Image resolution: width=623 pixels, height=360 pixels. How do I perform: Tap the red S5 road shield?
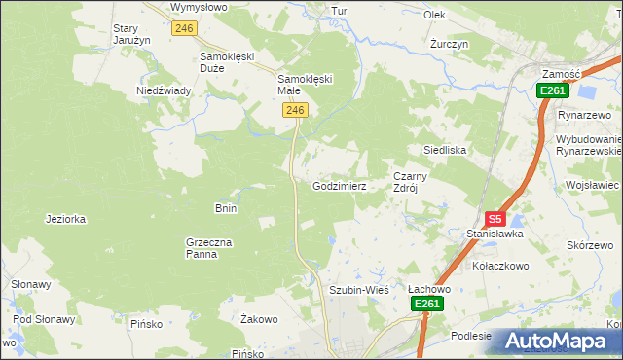pos(496,220)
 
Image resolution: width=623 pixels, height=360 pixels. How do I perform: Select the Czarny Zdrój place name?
pos(411,183)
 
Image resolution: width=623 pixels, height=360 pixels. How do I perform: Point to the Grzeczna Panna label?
pos(206,248)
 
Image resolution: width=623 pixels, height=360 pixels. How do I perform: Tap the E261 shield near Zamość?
pos(552,90)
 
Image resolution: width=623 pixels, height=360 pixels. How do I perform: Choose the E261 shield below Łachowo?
pos(426,305)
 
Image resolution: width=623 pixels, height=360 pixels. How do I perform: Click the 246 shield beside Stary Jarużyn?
pos(185,29)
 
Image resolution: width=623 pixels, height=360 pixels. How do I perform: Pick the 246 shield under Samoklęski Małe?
pos(297,112)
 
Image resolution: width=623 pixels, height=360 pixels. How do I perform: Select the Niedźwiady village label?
pos(164,90)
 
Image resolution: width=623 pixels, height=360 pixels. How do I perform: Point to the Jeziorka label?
pos(65,219)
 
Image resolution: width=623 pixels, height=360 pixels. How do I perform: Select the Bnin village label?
pos(226,208)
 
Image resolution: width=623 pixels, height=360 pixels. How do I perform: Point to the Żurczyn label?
pos(450,45)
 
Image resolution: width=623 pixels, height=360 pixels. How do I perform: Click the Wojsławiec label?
pos(593,185)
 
